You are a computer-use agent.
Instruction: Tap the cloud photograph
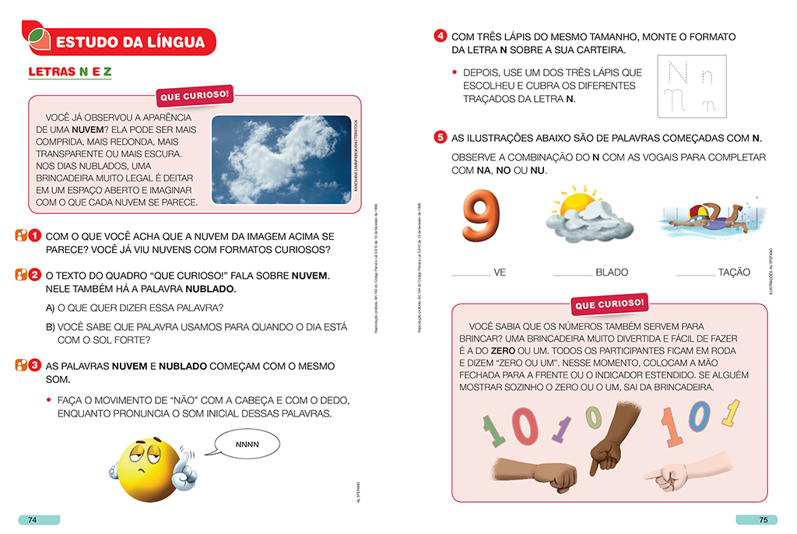point(280,160)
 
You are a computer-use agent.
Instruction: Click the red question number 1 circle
point(35,235)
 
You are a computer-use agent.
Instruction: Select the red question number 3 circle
point(35,365)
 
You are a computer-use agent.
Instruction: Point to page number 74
point(33,521)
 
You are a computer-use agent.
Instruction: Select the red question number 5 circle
point(441,138)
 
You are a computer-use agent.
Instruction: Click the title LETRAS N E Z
point(70,72)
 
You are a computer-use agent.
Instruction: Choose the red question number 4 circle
point(441,37)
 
